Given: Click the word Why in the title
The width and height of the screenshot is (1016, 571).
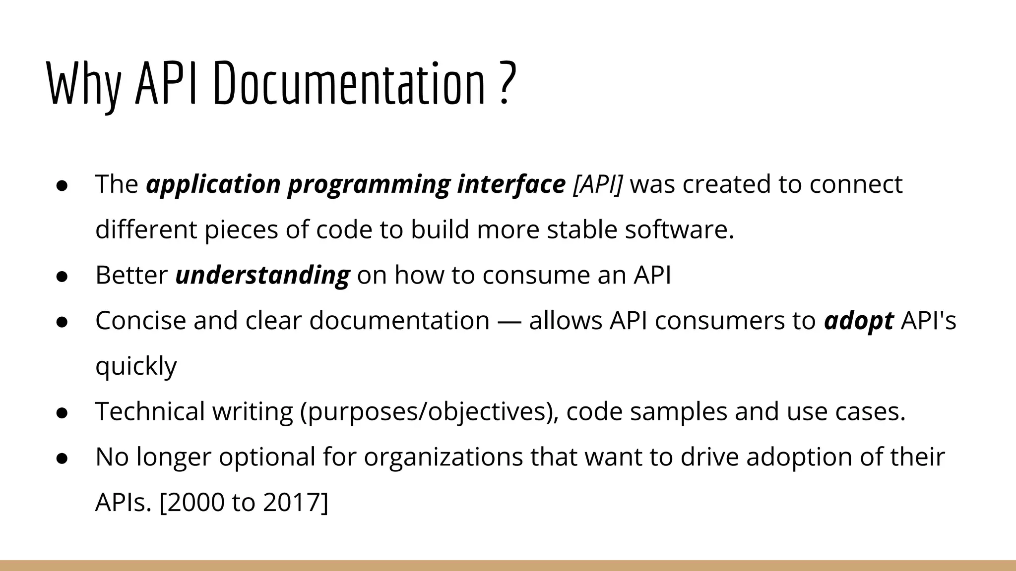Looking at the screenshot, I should (83, 84).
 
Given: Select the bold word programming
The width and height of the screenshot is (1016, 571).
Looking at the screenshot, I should (369, 184).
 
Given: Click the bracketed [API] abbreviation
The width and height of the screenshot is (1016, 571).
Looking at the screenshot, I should (597, 184).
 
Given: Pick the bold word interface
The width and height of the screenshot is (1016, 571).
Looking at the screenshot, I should (511, 184).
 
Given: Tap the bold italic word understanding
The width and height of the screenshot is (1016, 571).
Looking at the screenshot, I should (262, 275).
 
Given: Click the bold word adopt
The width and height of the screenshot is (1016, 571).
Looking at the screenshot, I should (858, 321).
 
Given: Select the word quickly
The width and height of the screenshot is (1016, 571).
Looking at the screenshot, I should (136, 367).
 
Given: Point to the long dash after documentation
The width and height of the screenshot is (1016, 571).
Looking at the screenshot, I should (509, 321).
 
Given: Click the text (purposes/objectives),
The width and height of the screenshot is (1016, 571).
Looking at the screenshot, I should (429, 412).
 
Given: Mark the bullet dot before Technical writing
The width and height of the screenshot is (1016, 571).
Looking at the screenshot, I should (62, 413).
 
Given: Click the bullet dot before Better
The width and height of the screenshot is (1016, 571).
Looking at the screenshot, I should (62, 276).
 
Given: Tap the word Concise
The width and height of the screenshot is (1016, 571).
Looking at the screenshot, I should (140, 321).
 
